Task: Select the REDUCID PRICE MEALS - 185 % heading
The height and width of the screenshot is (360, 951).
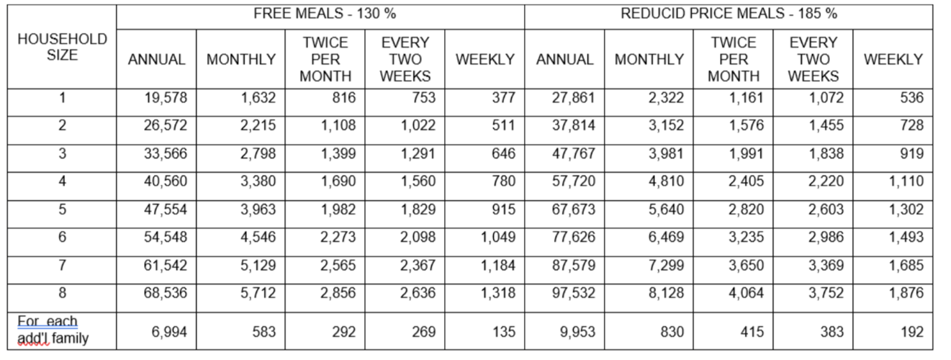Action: point(729,14)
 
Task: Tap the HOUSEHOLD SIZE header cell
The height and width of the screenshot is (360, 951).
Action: point(62,47)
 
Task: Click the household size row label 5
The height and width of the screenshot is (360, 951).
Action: point(62,210)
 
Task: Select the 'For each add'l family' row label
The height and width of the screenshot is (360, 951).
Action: point(53,330)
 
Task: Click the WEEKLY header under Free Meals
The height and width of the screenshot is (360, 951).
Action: point(485,60)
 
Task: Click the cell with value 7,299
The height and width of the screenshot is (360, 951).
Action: point(666,265)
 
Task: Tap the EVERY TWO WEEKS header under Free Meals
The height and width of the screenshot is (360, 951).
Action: point(405,60)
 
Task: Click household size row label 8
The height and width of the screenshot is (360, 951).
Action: point(62,293)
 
